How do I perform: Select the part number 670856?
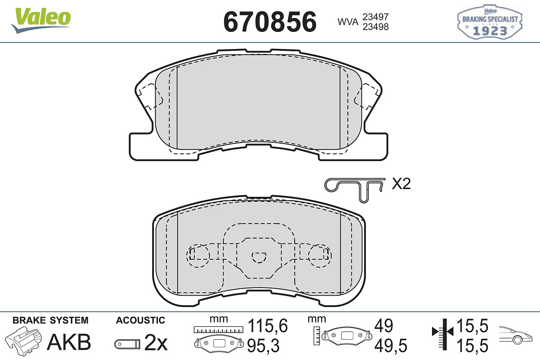click(270, 21)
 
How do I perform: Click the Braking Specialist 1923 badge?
click(490, 22)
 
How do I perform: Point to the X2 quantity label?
click(401, 184)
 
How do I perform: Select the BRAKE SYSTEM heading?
click(50, 320)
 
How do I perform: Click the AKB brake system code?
click(69, 342)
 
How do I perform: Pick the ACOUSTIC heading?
click(140, 320)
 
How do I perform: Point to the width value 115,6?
click(267, 325)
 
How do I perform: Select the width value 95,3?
click(264, 346)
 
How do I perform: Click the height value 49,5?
click(390, 346)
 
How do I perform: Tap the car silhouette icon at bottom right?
click(518, 335)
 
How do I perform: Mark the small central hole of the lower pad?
click(259, 257)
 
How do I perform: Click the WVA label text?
click(347, 22)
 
